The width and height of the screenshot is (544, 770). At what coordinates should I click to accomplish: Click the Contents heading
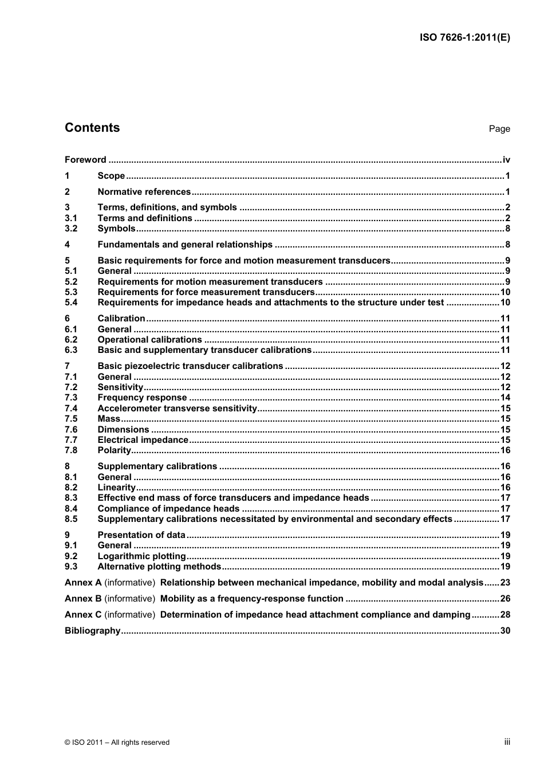click(x=92, y=128)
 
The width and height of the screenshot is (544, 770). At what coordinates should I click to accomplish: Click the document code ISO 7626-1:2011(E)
click(x=465, y=38)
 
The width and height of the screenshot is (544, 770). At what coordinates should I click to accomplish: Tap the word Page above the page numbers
click(x=499, y=129)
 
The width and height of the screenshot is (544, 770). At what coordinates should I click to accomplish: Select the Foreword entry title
click(x=85, y=160)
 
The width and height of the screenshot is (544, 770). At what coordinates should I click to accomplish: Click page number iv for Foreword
click(x=506, y=160)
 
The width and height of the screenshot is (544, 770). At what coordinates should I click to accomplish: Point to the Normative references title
click(x=144, y=192)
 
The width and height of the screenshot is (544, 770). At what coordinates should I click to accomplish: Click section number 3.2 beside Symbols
click(x=70, y=229)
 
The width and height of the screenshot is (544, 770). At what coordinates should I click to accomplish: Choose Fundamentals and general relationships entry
click(x=185, y=245)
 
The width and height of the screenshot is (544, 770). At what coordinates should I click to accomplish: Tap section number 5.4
click(x=70, y=302)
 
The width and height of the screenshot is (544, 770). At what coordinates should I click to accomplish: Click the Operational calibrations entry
click(x=149, y=340)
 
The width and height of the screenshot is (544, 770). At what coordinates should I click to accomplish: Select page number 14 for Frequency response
click(x=505, y=398)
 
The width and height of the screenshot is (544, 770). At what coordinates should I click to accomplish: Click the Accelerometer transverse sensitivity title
click(x=177, y=408)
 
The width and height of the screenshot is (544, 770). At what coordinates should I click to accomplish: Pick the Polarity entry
click(x=114, y=450)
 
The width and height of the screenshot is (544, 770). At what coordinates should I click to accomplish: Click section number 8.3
click(x=70, y=498)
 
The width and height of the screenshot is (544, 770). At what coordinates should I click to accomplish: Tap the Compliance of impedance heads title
click(x=168, y=509)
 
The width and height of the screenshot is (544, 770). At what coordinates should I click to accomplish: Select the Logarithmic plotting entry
click(x=141, y=556)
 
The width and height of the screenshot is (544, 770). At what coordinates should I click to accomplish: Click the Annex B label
click(x=83, y=599)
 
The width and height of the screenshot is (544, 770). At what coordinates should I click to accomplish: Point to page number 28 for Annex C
click(x=505, y=615)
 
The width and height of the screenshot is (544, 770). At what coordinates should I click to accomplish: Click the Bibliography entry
click(x=92, y=631)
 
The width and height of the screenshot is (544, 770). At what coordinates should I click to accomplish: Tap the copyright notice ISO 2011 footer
click(x=117, y=742)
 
